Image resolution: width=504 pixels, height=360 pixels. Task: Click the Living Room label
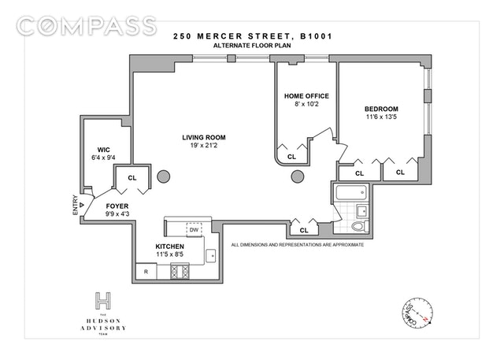point(204,138)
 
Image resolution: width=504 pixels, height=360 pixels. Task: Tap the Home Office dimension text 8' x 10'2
point(306,104)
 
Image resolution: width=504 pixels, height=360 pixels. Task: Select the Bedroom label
point(381,109)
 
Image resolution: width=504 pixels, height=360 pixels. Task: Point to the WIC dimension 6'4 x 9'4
point(103,158)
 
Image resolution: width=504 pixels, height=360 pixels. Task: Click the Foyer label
point(117,206)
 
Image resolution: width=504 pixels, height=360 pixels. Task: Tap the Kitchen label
point(170,247)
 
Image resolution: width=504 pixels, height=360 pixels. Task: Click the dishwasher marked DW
point(194,229)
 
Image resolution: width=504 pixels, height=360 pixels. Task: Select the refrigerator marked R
point(146,272)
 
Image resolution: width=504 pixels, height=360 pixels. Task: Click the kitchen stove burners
point(180,271)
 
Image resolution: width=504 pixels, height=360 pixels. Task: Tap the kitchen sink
point(211,255)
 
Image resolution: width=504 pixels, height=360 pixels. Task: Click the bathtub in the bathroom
point(351,193)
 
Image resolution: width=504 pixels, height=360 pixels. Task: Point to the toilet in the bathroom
point(360,226)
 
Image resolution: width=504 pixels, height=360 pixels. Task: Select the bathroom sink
point(362,211)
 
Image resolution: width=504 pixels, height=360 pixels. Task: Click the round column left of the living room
point(164,176)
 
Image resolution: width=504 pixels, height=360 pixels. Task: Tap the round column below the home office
point(298,176)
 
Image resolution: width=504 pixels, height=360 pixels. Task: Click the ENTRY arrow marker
point(82,205)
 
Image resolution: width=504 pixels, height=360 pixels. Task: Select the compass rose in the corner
point(417,313)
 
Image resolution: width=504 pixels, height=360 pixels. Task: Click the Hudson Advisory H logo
point(103,301)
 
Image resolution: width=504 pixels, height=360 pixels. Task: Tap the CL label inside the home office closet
point(291,157)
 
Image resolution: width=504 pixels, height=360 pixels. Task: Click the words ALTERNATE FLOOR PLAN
point(252,46)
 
